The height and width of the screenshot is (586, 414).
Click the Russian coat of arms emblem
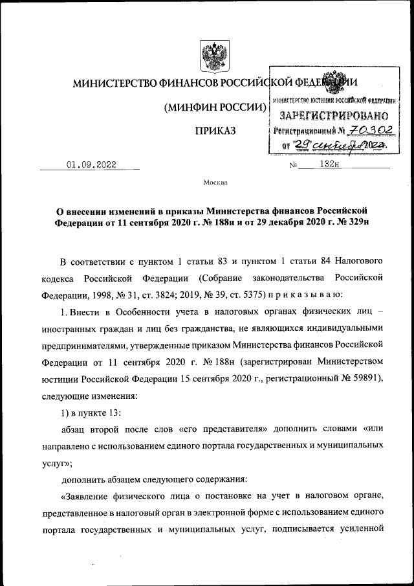[x=211, y=57]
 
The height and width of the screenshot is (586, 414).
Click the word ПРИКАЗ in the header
[x=215, y=131]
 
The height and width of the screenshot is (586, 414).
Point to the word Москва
[x=215, y=183]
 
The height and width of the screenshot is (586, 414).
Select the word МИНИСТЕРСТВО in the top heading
[x=114, y=84]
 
